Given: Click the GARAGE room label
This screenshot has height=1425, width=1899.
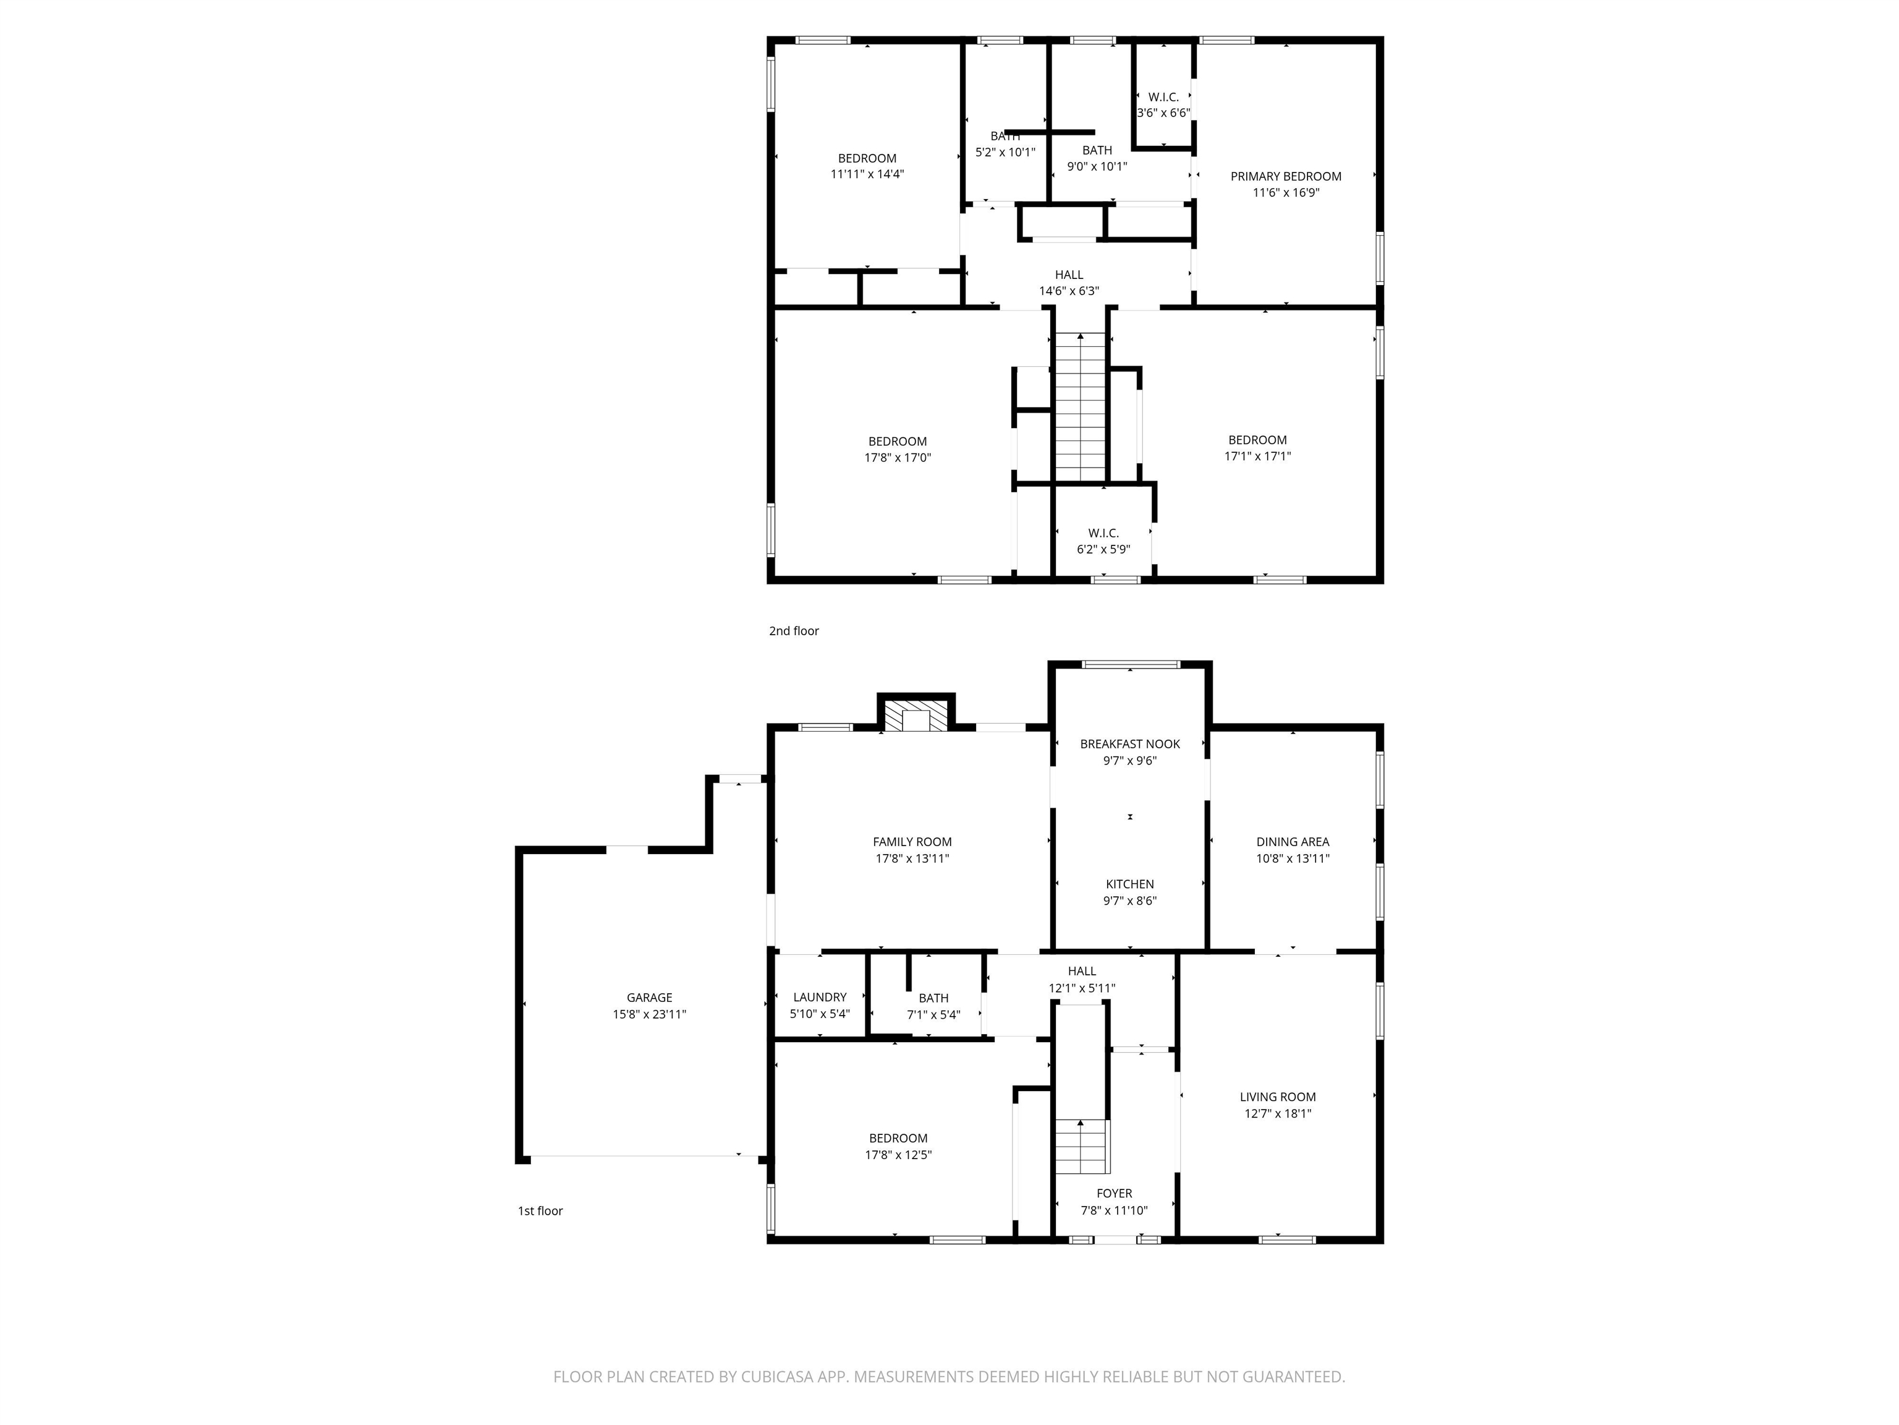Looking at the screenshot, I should pyautogui.click(x=649, y=997).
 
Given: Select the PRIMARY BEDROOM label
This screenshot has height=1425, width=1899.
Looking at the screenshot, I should pyautogui.click(x=1285, y=176).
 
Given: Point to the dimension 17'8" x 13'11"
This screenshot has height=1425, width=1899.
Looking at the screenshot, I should pyautogui.click(x=911, y=858).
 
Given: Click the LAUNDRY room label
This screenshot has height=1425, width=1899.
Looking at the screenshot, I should pyautogui.click(x=819, y=997).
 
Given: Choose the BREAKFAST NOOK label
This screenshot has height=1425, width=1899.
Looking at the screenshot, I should pyautogui.click(x=1130, y=744).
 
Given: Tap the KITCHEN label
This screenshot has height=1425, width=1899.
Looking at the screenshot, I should pyautogui.click(x=1130, y=884).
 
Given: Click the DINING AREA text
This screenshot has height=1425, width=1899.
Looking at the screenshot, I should pyautogui.click(x=1292, y=842).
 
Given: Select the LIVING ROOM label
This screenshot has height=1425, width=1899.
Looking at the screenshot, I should pyautogui.click(x=1278, y=1097).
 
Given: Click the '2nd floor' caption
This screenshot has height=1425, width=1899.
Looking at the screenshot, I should pyautogui.click(x=793, y=630).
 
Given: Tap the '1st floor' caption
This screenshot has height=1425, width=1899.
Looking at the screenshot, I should pyautogui.click(x=540, y=1210).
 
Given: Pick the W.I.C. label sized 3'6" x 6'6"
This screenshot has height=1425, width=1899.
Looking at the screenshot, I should pyautogui.click(x=1163, y=97).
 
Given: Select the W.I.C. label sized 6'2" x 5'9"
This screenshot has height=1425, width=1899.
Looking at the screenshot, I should pyautogui.click(x=1103, y=533).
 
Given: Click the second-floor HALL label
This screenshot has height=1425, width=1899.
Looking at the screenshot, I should pyautogui.click(x=1069, y=275).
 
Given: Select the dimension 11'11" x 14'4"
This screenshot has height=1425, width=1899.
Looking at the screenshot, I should pyautogui.click(x=867, y=174).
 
